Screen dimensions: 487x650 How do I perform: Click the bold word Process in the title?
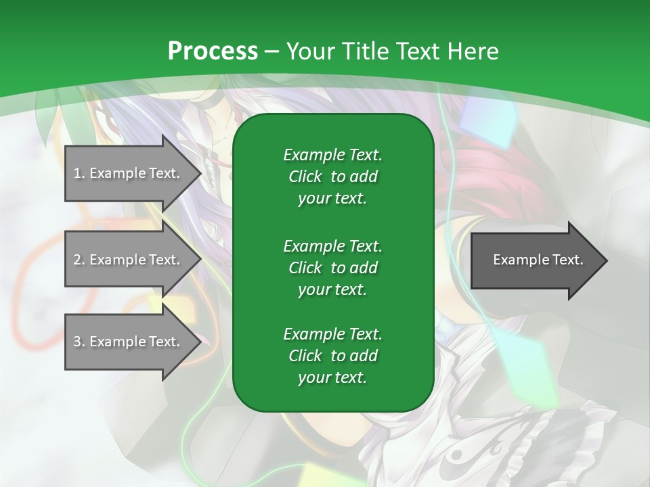tap(213, 51)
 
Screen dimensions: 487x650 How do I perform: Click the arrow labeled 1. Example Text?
tap(129, 173)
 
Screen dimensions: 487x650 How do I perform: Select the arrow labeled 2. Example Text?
tap(129, 260)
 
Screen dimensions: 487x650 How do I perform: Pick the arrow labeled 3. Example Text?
tap(129, 342)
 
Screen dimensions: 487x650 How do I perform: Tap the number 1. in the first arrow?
tap(79, 173)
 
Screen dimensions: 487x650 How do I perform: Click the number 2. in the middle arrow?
tap(79, 260)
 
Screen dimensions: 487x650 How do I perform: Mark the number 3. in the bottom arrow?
tap(79, 342)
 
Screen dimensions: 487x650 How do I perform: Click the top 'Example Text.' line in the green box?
tap(332, 155)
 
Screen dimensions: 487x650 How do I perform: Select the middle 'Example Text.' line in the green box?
tap(332, 246)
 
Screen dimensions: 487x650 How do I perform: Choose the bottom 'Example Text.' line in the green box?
tap(332, 334)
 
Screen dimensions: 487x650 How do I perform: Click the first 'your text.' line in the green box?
tap(332, 199)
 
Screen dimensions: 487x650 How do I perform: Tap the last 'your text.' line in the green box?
tap(332, 378)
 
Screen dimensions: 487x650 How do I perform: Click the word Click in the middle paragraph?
tap(305, 268)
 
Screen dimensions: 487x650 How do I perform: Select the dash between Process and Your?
tap(272, 51)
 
